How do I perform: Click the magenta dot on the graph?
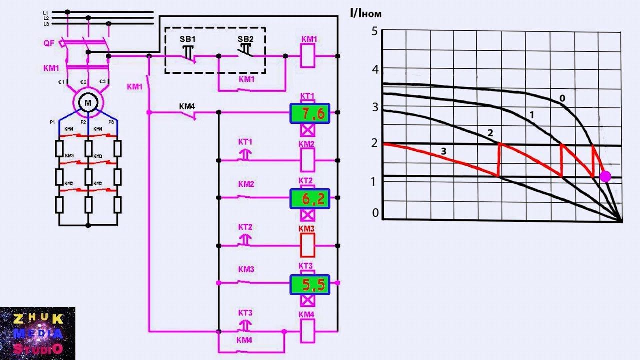pyautogui.click(x=605, y=176)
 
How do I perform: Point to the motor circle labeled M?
pyautogui.click(x=88, y=103)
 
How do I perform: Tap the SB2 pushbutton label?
pyautogui.click(x=245, y=39)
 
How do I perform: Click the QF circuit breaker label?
pyautogui.click(x=48, y=43)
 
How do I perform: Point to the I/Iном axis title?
pyautogui.click(x=366, y=14)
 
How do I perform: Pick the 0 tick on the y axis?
pyautogui.click(x=375, y=213)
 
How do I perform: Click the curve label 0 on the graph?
pyautogui.click(x=562, y=98)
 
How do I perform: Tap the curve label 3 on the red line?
pyautogui.click(x=442, y=150)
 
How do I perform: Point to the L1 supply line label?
pyautogui.click(x=46, y=12)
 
